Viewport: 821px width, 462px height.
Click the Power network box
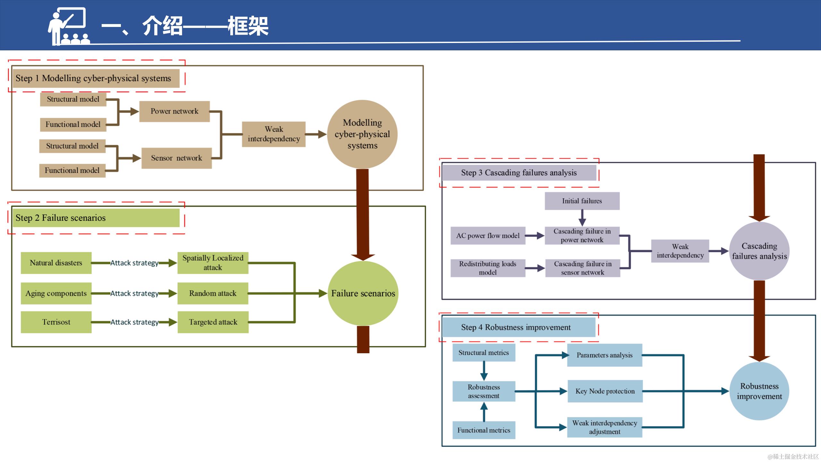(174, 111)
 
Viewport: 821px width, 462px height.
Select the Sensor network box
(176, 158)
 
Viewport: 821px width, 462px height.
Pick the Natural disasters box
(56, 263)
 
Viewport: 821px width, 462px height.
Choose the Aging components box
(56, 293)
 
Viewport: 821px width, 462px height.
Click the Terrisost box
(56, 322)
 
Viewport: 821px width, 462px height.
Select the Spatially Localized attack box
(213, 263)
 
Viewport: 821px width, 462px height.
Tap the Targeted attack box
(213, 322)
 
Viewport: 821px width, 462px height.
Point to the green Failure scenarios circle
(363, 293)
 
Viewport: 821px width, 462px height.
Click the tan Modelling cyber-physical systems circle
(362, 134)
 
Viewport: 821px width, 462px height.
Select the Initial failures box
(582, 201)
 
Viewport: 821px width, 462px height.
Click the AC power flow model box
(487, 235)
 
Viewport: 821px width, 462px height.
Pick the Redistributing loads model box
(487, 268)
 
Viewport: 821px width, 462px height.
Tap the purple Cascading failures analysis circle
(759, 251)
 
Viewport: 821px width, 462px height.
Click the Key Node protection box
(605, 391)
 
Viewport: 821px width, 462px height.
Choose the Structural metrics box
(484, 353)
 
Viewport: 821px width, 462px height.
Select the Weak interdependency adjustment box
(605, 427)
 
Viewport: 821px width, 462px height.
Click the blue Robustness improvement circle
(759, 391)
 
